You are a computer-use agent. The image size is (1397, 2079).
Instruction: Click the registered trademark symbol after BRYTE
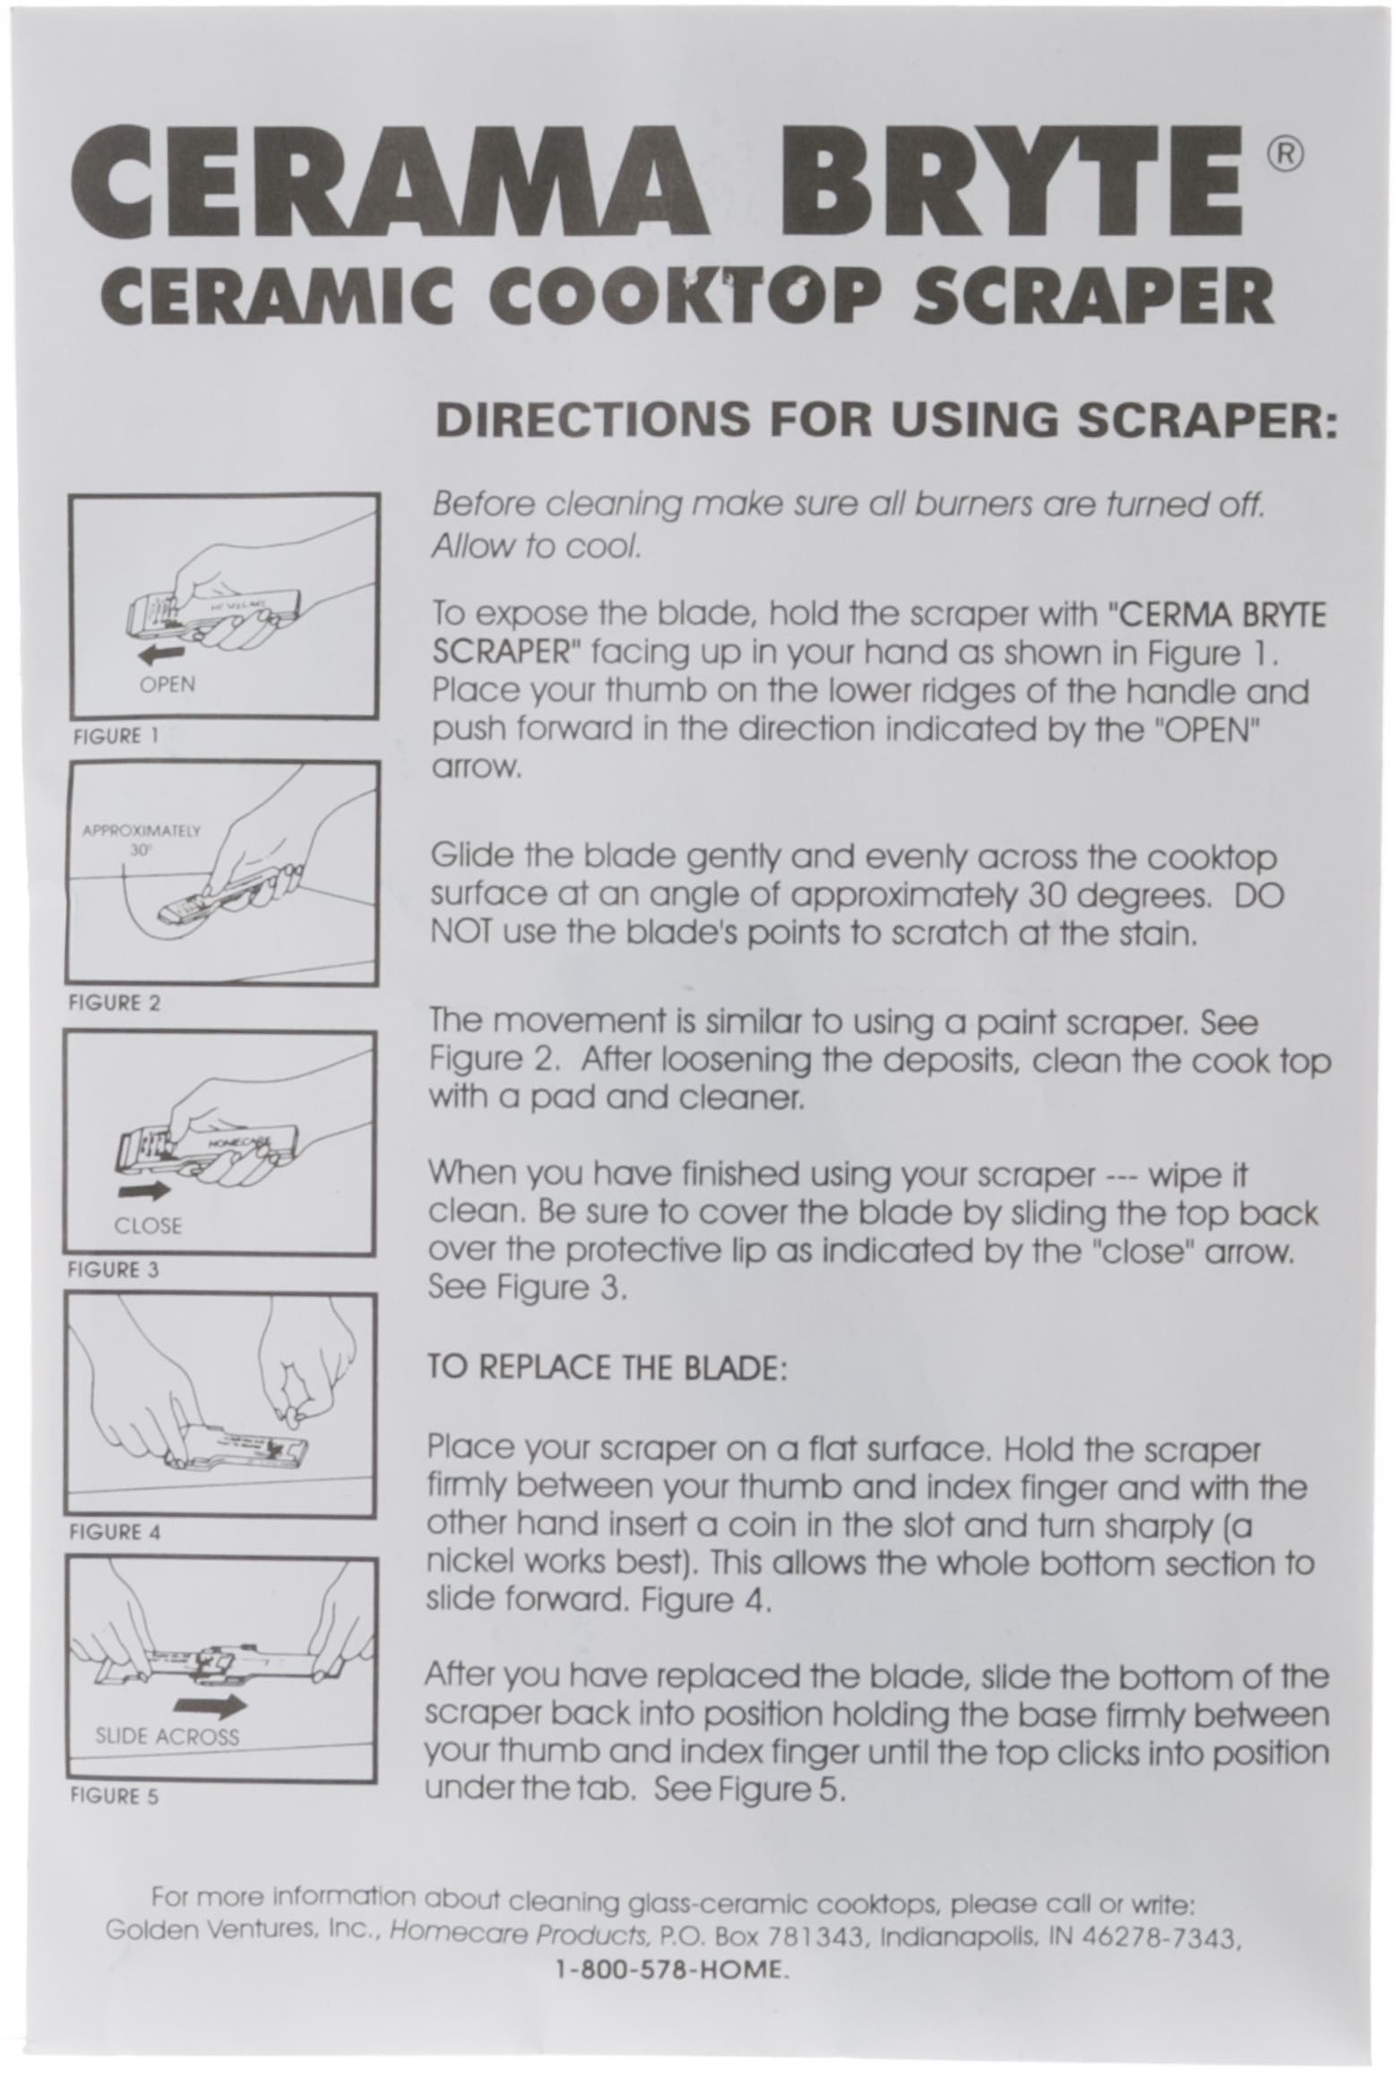tap(1284, 154)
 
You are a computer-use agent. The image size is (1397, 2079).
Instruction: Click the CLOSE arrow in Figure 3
tap(145, 1191)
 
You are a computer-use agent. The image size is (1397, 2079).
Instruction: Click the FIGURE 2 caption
tap(115, 1004)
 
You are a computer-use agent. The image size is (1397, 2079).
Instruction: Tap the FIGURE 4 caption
tap(115, 1532)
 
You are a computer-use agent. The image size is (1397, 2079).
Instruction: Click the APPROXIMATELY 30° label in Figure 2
tap(141, 839)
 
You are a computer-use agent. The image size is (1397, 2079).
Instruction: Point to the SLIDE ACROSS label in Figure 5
tap(167, 1737)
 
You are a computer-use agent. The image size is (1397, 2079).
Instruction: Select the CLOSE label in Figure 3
tap(148, 1225)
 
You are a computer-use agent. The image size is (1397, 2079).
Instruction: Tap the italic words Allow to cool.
tap(536, 546)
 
